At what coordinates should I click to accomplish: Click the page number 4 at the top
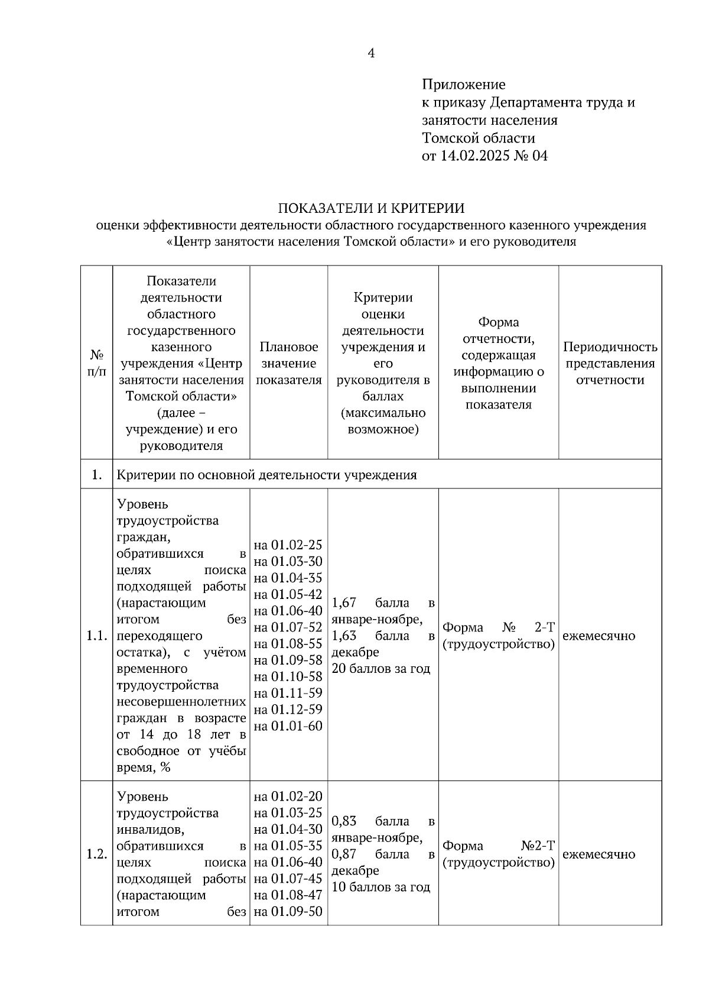(x=371, y=54)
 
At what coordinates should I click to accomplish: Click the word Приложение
(x=463, y=85)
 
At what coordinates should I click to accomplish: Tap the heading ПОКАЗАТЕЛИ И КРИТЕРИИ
(x=371, y=208)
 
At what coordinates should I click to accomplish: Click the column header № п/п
(x=96, y=362)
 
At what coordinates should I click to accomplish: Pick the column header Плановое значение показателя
(x=288, y=363)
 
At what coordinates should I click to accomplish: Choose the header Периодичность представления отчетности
(x=610, y=363)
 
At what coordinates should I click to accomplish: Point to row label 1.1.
(x=96, y=636)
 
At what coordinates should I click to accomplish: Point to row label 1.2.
(x=96, y=854)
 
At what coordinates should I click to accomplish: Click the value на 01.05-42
(x=288, y=594)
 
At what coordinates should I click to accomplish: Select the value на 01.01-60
(x=288, y=726)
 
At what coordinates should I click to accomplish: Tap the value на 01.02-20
(x=288, y=796)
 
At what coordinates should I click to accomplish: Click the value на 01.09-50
(x=288, y=911)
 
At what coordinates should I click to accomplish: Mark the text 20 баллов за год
(x=381, y=669)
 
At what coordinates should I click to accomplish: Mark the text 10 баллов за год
(x=381, y=887)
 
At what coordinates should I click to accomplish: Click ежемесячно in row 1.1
(x=599, y=636)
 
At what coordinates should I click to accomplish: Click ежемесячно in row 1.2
(x=599, y=854)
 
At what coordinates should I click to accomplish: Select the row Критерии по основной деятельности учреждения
(x=267, y=475)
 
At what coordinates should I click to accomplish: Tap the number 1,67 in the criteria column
(x=344, y=603)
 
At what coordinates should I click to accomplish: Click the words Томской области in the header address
(x=478, y=138)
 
